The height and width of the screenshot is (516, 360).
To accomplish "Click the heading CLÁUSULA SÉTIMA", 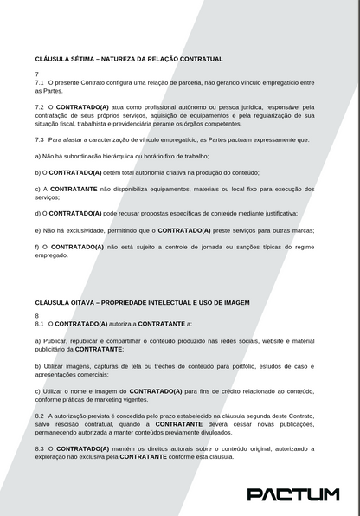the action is point(129,59).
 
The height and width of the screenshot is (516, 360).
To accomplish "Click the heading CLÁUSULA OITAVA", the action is point(142,303).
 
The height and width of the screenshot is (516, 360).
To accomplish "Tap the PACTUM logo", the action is point(293,494).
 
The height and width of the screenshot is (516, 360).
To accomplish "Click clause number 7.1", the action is point(40,83).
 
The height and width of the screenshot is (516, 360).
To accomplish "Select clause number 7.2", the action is point(40,107).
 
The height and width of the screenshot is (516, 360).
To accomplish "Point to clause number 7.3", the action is point(40,139).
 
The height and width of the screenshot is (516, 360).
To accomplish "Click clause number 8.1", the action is point(40,323).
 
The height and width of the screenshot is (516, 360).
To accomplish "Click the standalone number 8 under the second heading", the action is point(37,315).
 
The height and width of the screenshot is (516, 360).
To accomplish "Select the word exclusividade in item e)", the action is point(90,230).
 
